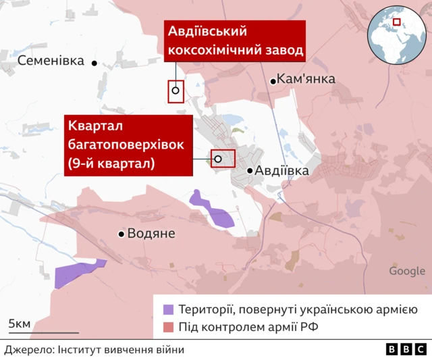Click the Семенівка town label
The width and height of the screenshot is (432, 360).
pyautogui.click(x=51, y=61)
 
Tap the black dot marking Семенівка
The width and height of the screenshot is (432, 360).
pyautogui.click(x=94, y=63)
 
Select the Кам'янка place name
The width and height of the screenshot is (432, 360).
pyautogui.click(x=306, y=80)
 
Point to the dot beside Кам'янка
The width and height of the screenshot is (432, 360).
pyautogui.click(x=273, y=81)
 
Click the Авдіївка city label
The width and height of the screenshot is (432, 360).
pyautogui.click(x=282, y=171)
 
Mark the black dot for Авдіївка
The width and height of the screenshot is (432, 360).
pyautogui.click(x=250, y=172)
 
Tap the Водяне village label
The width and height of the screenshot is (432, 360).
pyautogui.click(x=152, y=234)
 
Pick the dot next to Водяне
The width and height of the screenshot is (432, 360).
pyautogui.click(x=122, y=234)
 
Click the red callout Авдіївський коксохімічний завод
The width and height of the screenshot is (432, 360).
pyautogui.click(x=235, y=41)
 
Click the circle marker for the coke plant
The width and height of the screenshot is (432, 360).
pyautogui.click(x=175, y=91)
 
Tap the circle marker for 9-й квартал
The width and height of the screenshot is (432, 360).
pyautogui.click(x=218, y=159)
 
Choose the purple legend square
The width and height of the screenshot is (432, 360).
pyautogui.click(x=168, y=309)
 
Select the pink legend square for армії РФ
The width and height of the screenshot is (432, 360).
pyautogui.click(x=168, y=328)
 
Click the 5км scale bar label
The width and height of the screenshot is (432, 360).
pyautogui.click(x=19, y=324)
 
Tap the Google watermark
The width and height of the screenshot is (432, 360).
pyautogui.click(x=407, y=272)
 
